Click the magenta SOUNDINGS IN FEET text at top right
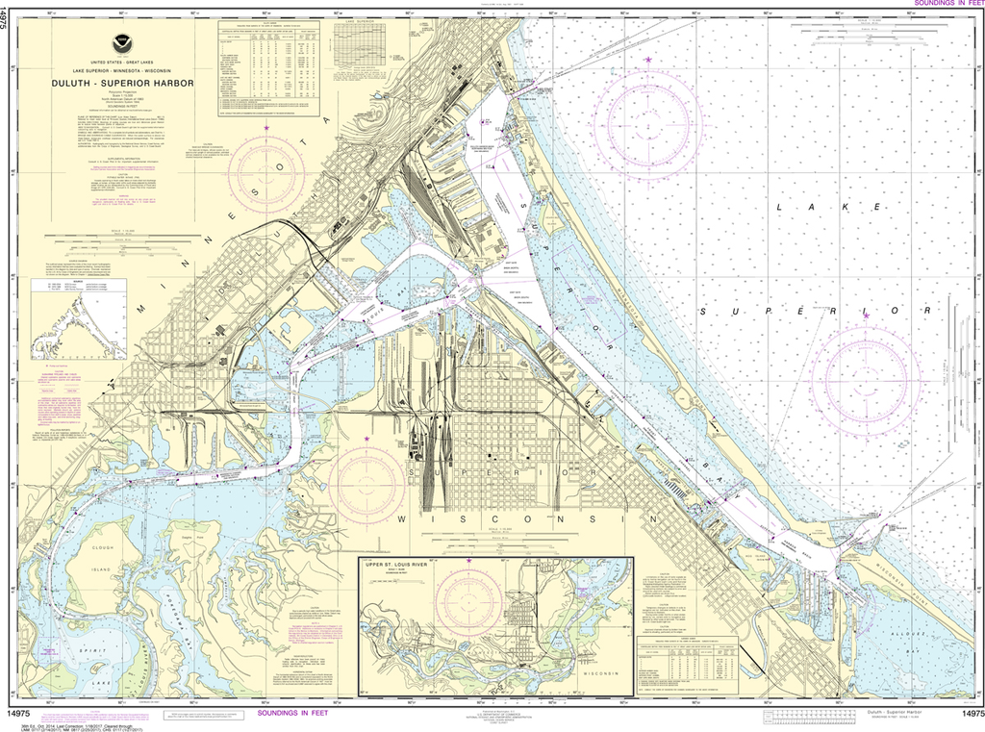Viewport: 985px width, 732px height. pos(945,5)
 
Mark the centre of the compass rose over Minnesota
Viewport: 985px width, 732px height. pos(265,174)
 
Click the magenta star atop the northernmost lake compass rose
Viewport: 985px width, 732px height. pos(648,61)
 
